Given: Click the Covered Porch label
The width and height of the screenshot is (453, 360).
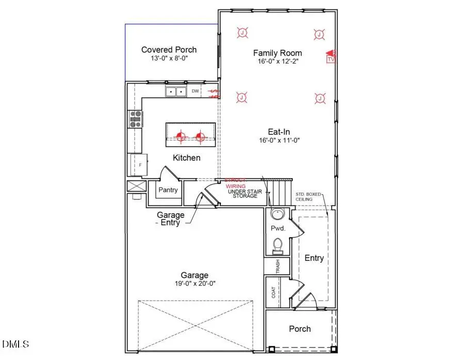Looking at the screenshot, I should [169, 50].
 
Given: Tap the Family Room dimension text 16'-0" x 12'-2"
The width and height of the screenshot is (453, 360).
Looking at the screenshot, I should [277, 61].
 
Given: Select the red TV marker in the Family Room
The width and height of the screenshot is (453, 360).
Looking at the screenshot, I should [331, 57].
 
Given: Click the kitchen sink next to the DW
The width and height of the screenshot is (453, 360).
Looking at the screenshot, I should [176, 92].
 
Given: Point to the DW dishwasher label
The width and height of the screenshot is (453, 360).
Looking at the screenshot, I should [195, 92].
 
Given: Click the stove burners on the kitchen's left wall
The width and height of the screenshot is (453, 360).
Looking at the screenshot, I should [136, 119].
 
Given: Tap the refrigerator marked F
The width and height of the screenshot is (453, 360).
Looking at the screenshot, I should [139, 165].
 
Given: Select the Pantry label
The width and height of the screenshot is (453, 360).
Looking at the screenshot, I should [168, 190].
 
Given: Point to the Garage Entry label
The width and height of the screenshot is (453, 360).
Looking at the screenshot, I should [170, 218].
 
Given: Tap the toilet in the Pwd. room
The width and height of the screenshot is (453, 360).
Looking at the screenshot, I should [277, 243].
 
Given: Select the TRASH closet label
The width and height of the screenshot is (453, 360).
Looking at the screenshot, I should [278, 267].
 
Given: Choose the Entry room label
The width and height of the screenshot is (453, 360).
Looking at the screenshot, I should [314, 258].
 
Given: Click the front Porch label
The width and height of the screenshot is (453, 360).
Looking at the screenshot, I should [300, 328].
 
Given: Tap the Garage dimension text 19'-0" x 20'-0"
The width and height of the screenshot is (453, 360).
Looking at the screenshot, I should [195, 283].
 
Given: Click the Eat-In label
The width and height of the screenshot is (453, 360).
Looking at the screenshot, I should [277, 131].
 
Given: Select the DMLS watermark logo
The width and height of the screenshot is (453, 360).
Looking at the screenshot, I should [16, 344].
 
